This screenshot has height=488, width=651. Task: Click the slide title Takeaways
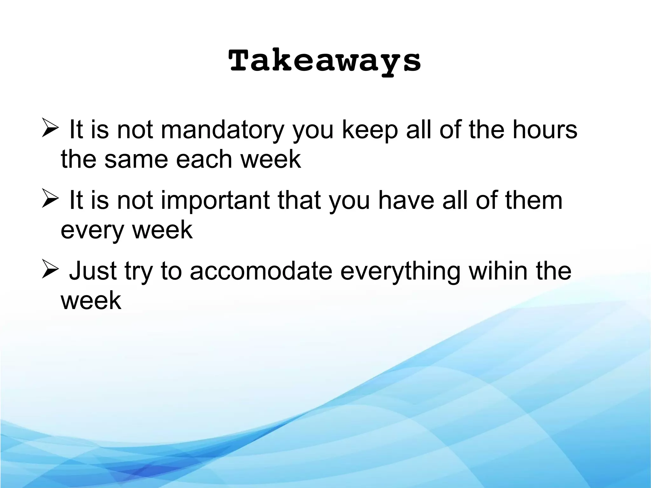(325, 61)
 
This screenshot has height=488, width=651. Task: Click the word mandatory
(222, 130)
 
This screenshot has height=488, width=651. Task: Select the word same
(136, 159)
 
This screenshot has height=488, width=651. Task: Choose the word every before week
(92, 230)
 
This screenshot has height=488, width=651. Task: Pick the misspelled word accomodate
(261, 271)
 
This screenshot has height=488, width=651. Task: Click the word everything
(400, 271)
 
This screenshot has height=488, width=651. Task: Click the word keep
(370, 130)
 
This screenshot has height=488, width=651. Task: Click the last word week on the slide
(91, 301)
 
